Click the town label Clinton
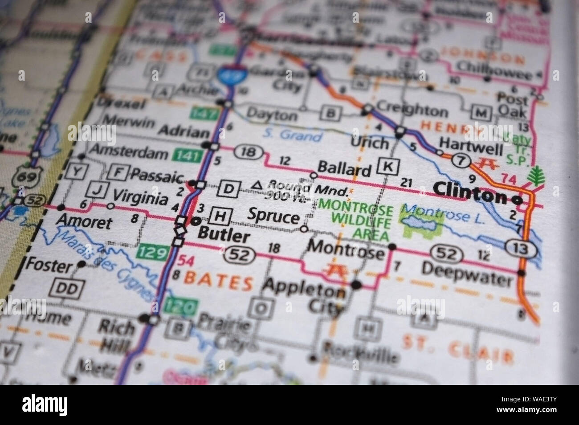(469, 195)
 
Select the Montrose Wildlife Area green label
(355, 221)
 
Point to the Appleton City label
(305, 300)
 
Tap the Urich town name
(370, 143)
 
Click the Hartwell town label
(471, 143)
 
